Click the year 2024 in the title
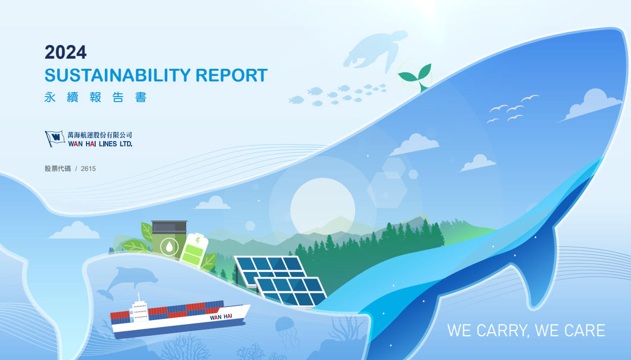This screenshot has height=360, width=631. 65,53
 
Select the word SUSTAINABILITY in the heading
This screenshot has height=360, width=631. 117,75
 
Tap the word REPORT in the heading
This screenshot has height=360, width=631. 231,75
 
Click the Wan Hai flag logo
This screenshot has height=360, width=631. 55,139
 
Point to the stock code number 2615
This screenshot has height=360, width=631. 88,168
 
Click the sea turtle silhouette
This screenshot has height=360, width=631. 374,51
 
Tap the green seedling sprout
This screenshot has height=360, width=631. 415,76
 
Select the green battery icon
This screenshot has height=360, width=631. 194,250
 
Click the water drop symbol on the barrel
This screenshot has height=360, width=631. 170,247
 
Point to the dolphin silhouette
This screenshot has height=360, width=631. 128,282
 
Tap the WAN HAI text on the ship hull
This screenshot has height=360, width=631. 221,317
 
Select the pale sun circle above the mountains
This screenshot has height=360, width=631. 323,210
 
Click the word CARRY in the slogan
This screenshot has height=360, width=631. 501,331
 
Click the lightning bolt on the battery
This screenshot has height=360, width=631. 198,240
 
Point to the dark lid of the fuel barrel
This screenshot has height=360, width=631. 170,226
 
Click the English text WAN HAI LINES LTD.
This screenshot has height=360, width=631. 100,144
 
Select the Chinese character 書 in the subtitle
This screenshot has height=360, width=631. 141,98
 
